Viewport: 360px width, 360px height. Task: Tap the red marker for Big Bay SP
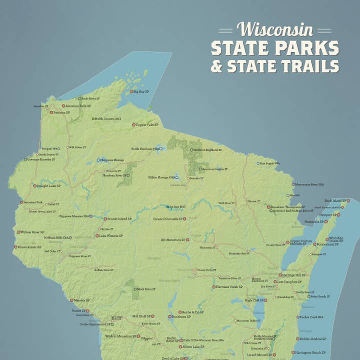tap(131, 92)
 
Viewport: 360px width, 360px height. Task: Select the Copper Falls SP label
tap(147, 124)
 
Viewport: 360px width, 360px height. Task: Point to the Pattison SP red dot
tap(51, 112)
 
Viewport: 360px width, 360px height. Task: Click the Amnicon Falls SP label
tap(78, 106)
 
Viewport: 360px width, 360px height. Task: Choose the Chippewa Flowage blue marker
tap(98, 160)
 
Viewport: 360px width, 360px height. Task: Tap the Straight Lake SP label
tap(49, 185)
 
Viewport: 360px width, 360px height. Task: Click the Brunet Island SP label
tap(119, 218)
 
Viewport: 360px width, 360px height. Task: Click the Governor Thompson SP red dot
tap(268, 206)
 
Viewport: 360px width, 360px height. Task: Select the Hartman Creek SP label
tap(229, 287)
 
